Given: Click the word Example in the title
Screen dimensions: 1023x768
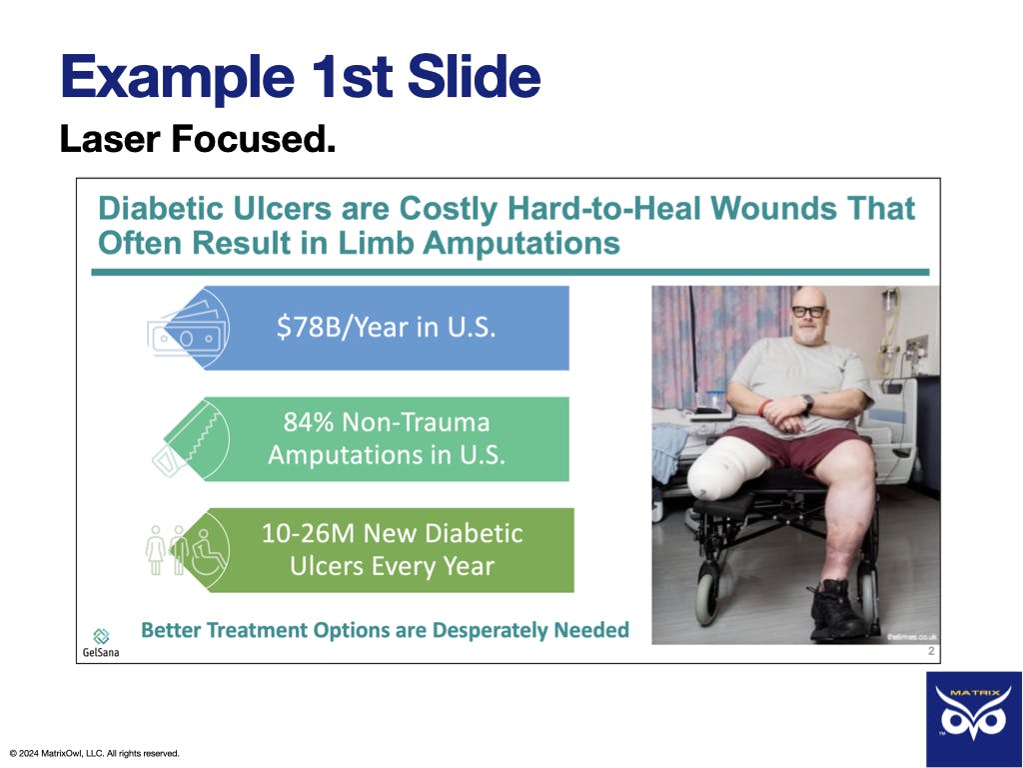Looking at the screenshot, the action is [x=178, y=78].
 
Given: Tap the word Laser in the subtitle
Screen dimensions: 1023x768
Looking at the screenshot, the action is [x=110, y=138].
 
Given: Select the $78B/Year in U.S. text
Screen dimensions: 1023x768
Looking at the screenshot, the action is [x=386, y=327].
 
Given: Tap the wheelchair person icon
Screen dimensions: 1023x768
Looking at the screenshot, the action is [x=208, y=552].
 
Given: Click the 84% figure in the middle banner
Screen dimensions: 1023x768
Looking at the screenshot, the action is [x=309, y=422].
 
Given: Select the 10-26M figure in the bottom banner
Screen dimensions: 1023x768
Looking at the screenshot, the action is [x=309, y=533].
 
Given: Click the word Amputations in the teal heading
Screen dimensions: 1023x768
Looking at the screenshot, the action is [x=520, y=244].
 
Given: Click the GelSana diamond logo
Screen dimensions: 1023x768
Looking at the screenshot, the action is [x=101, y=635].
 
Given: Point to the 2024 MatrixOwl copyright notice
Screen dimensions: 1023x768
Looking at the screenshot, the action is [x=95, y=754].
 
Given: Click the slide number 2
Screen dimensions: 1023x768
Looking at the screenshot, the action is [x=931, y=651].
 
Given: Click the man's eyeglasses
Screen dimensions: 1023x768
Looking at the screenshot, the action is [x=809, y=312].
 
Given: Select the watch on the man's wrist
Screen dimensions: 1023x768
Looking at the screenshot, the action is [x=807, y=402].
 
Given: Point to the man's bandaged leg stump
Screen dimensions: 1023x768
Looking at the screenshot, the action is [x=727, y=470].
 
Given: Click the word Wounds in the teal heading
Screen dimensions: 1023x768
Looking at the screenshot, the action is [x=773, y=208].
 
